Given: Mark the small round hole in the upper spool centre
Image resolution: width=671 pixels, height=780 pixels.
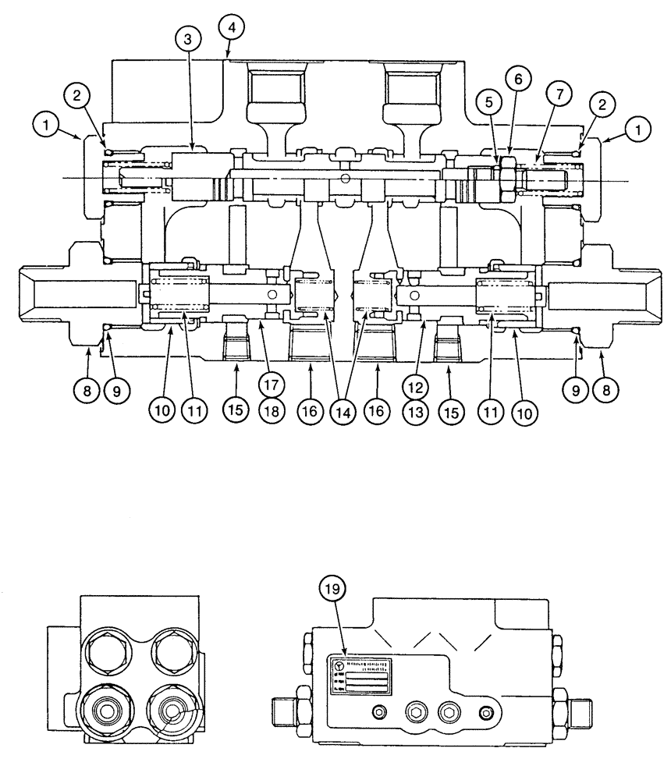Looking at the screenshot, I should pyautogui.click(x=344, y=178).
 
